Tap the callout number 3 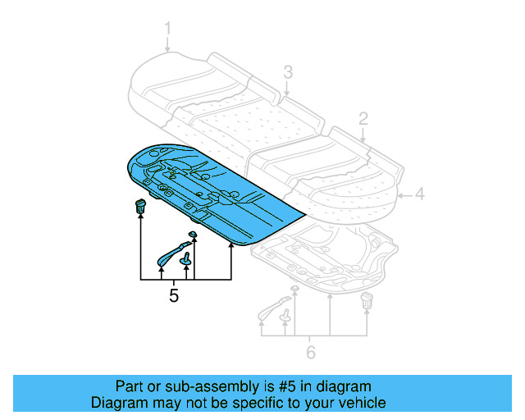click(288, 72)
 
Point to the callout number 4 click(418, 194)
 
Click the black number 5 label click(173, 295)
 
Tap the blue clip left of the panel click(140, 205)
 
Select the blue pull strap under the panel click(171, 253)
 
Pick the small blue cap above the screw click(193, 235)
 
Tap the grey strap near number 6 click(272, 308)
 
